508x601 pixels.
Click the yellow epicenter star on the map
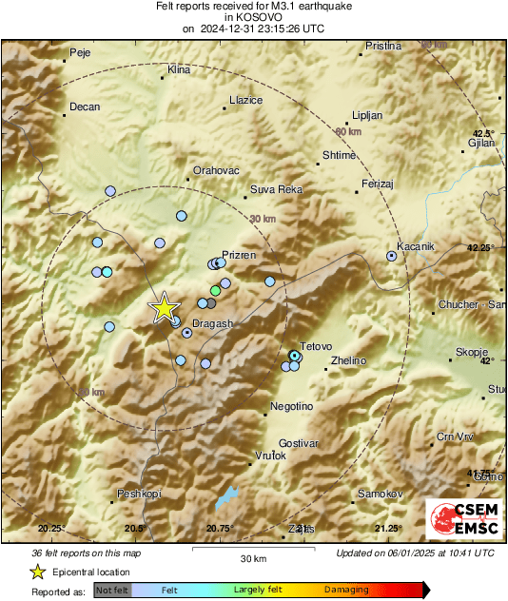pyautogui.click(x=165, y=307)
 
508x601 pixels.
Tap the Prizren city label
pyautogui.click(x=239, y=257)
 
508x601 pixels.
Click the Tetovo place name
pyautogui.click(x=315, y=347)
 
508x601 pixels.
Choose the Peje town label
pyautogui.click(x=81, y=52)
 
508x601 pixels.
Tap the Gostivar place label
pyautogui.click(x=298, y=444)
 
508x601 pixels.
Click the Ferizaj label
pyautogui.click(x=378, y=183)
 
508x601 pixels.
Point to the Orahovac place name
pyautogui.click(x=213, y=170)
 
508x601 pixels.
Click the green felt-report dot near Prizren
pyautogui.click(x=216, y=289)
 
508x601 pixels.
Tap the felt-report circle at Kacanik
pyautogui.click(x=392, y=256)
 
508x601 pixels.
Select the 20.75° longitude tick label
pyautogui.click(x=220, y=529)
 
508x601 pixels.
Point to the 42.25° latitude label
pyautogui.click(x=482, y=247)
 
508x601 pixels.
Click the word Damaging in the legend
pyautogui.click(x=346, y=590)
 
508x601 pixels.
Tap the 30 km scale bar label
pyautogui.click(x=252, y=558)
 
